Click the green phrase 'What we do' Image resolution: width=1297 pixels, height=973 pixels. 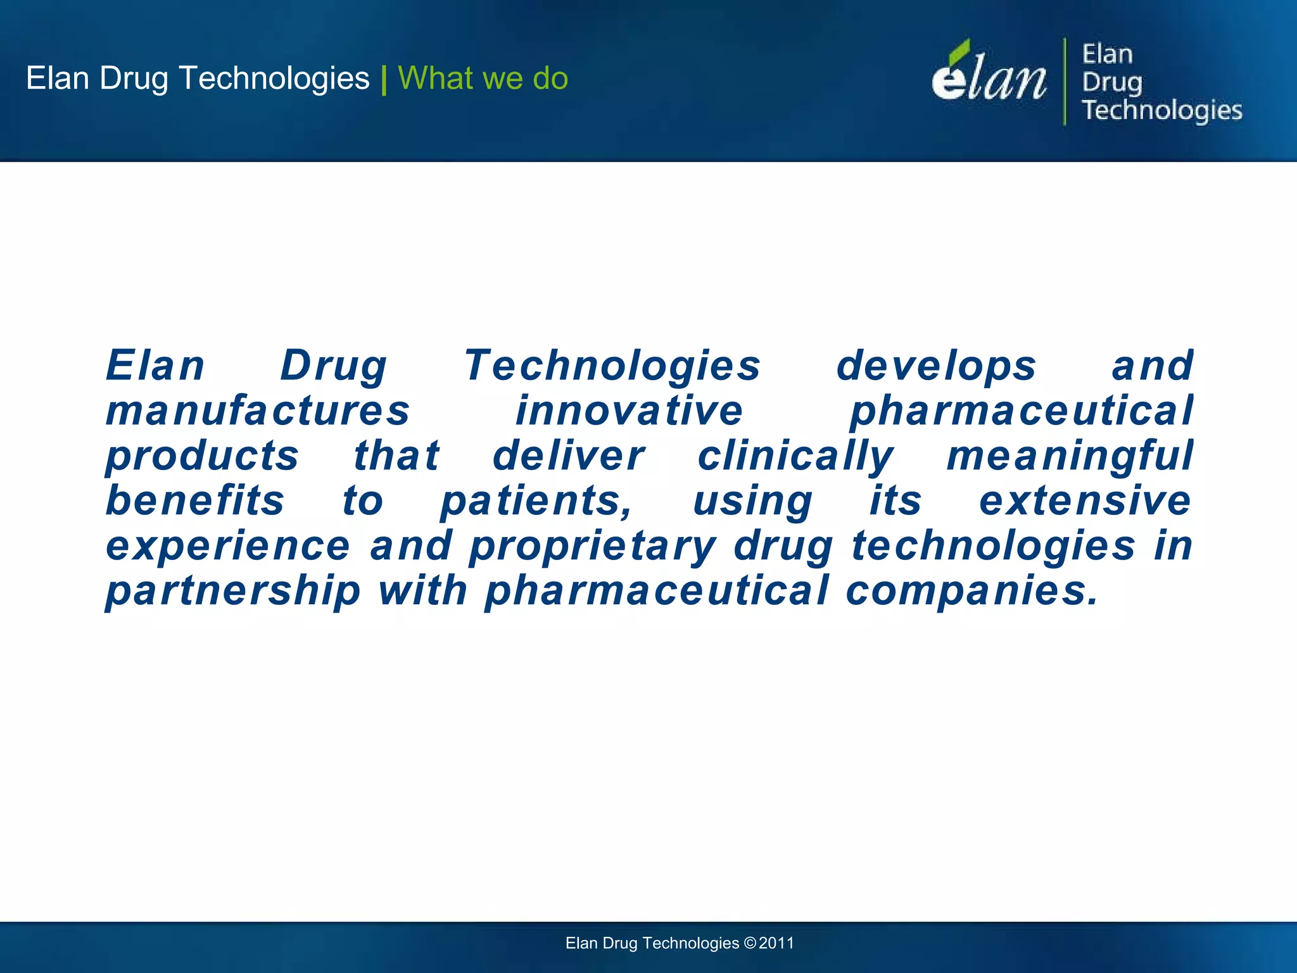[483, 79]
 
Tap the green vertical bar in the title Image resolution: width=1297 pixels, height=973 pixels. [384, 80]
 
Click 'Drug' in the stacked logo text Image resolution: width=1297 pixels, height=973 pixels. [1111, 82]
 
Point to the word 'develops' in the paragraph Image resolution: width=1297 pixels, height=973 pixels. [936, 366]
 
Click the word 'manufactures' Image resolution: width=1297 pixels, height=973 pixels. [258, 410]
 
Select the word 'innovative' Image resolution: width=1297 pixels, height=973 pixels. [629, 410]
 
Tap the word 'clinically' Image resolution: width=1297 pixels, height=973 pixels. [795, 456]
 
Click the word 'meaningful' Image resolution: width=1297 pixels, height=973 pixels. [1070, 456]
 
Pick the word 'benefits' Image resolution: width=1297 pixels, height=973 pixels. [195, 500]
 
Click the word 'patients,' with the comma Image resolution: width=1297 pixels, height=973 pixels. [536, 501]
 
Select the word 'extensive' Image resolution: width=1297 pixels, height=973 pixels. [1085, 500]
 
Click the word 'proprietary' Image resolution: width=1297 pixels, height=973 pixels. [593, 546]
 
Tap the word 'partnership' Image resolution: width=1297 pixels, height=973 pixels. [233, 591]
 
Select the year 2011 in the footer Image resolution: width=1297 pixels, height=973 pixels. [776, 943]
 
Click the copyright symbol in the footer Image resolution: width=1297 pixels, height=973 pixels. [750, 943]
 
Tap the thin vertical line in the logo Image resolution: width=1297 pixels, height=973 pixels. [1065, 81]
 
